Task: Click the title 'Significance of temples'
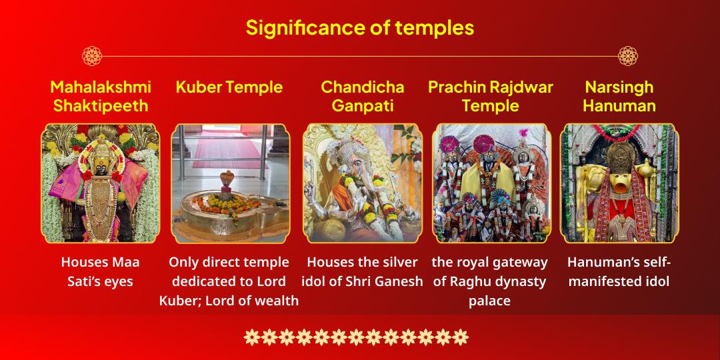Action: tap(360, 27)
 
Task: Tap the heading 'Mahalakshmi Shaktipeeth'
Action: tap(101, 97)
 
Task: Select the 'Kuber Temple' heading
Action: tap(229, 87)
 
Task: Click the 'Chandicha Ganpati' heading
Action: tap(362, 97)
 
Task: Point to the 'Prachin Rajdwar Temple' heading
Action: tap(491, 97)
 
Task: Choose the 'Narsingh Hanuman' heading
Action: tap(619, 97)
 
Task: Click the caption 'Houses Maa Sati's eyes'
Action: tap(100, 272)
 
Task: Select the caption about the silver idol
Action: tap(362, 272)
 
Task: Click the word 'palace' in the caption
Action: tap(489, 301)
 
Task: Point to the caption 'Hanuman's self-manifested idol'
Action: tap(619, 272)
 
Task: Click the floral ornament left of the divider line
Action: tap(92, 56)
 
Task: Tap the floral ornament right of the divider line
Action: tap(628, 56)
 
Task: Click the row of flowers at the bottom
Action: tap(356, 337)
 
